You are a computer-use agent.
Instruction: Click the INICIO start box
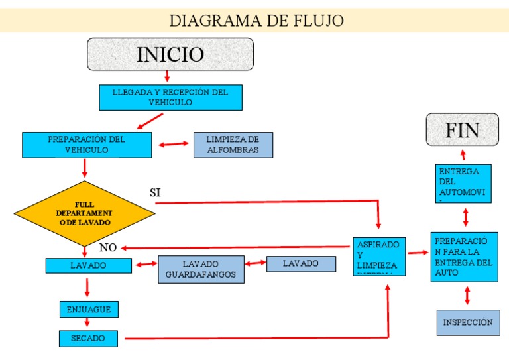(x=170, y=54)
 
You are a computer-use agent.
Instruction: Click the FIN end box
(x=462, y=130)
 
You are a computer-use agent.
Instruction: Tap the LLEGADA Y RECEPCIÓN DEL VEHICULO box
(x=170, y=97)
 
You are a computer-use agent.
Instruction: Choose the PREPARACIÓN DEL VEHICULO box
(x=86, y=145)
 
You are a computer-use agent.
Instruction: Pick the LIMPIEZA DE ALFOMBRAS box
(x=233, y=145)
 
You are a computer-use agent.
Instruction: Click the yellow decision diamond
(x=84, y=213)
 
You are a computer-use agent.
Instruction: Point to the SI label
(x=156, y=192)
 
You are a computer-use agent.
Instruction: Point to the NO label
(x=108, y=248)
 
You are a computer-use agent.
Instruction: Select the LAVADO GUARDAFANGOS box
(x=201, y=269)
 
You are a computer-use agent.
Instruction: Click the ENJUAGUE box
(x=89, y=309)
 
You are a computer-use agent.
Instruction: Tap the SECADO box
(x=88, y=338)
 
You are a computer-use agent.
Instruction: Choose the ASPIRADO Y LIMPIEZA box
(x=378, y=255)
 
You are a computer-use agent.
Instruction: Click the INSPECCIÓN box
(x=468, y=322)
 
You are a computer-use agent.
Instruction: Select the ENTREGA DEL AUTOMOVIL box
(x=464, y=183)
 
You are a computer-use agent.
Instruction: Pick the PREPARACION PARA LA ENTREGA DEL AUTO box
(x=464, y=257)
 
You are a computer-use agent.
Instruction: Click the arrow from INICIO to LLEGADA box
(x=167, y=77)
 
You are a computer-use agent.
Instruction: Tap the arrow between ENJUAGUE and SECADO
(x=87, y=323)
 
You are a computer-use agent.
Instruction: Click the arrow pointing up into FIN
(x=463, y=155)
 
